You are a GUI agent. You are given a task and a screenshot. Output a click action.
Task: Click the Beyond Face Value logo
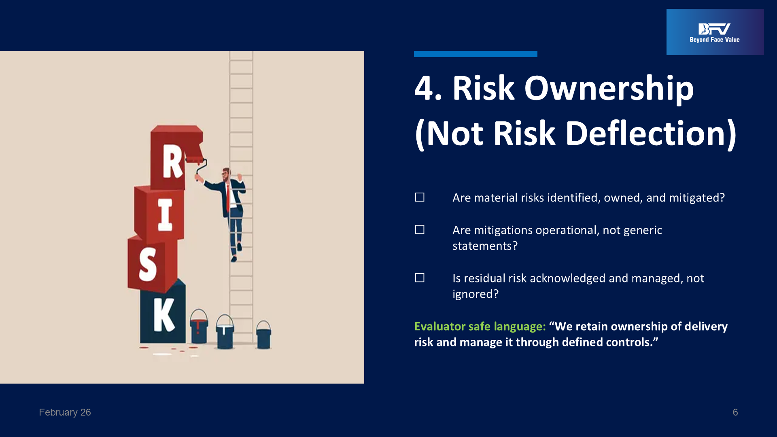[715, 32]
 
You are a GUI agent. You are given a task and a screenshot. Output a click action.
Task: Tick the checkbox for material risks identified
[420, 197]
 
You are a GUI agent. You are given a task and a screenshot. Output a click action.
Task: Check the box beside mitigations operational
[420, 230]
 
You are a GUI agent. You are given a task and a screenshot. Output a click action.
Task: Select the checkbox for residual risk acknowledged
[420, 278]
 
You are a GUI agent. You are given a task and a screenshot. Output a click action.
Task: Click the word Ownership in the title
[609, 89]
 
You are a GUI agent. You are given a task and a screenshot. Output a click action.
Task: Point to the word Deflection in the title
[646, 134]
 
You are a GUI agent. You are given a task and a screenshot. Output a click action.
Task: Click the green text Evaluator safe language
[480, 327]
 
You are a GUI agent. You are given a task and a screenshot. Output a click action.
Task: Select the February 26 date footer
[65, 412]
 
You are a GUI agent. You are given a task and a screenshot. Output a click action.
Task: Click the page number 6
[735, 412]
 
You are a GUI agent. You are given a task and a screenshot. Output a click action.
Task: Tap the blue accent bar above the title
[476, 54]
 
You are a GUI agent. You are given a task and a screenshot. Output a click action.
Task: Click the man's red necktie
[228, 198]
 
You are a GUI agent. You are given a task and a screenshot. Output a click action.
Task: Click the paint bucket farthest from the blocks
[263, 335]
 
